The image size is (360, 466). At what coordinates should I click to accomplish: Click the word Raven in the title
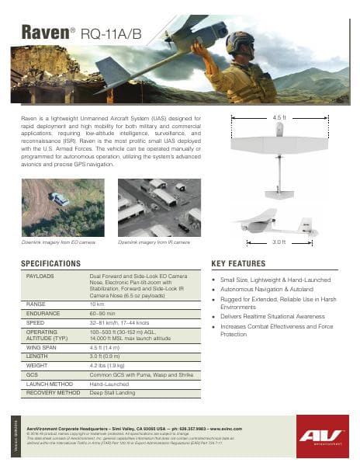[43, 32]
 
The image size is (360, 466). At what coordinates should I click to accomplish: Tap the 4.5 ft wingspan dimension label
[279, 117]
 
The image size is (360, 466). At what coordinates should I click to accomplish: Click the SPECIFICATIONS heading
[57, 263]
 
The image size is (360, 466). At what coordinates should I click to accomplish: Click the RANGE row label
[36, 304]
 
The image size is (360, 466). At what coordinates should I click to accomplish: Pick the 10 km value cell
[97, 304]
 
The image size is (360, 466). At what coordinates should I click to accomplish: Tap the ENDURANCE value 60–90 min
[106, 313]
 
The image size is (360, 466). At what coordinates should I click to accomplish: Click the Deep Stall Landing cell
[112, 393]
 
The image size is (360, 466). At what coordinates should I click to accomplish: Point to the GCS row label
[32, 374]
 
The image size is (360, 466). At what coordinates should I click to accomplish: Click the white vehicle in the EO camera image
[60, 199]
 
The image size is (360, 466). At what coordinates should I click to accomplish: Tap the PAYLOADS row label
[40, 276]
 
